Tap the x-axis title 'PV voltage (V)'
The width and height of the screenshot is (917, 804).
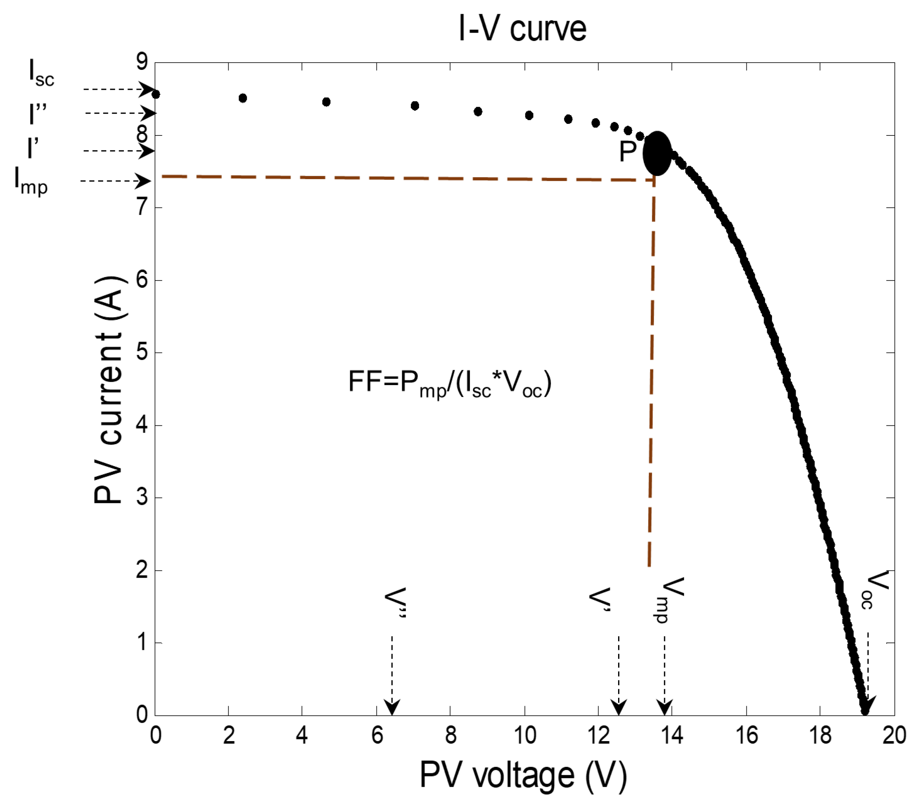[523, 775]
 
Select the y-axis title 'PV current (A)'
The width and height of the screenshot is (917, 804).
[109, 390]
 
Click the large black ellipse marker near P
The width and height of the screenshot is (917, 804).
[657, 153]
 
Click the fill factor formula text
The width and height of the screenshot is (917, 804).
[450, 383]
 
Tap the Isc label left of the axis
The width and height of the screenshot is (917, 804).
[41, 72]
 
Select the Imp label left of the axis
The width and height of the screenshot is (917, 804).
[31, 180]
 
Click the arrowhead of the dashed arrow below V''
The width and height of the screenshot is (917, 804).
[392, 708]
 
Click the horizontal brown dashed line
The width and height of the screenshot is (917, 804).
[404, 178]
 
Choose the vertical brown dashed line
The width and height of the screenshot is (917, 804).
[651, 372]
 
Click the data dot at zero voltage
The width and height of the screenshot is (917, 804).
[156, 94]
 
